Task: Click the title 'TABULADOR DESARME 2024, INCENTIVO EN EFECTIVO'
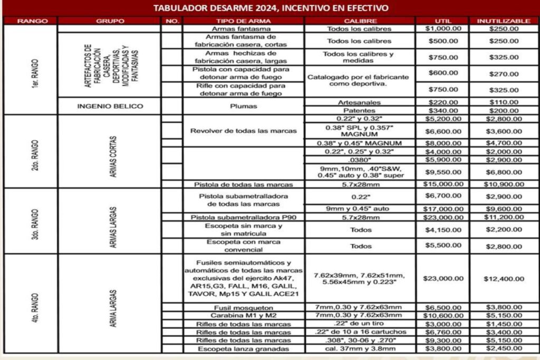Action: (x=271, y=8)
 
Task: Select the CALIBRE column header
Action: (x=360, y=21)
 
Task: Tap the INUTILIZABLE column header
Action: (x=504, y=21)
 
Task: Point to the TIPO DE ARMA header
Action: (x=243, y=21)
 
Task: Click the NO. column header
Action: (x=171, y=21)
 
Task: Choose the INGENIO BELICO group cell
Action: (x=110, y=106)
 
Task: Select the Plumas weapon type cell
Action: (x=243, y=106)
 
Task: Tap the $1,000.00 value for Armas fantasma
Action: (x=443, y=28)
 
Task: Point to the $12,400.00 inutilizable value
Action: (x=504, y=278)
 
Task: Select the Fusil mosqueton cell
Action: (x=243, y=307)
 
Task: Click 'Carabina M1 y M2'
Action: (x=243, y=315)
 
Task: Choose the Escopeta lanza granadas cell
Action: (x=243, y=348)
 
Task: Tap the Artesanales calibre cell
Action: (x=360, y=102)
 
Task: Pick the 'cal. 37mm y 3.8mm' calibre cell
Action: (x=360, y=348)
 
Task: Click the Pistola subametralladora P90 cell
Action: (x=243, y=217)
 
